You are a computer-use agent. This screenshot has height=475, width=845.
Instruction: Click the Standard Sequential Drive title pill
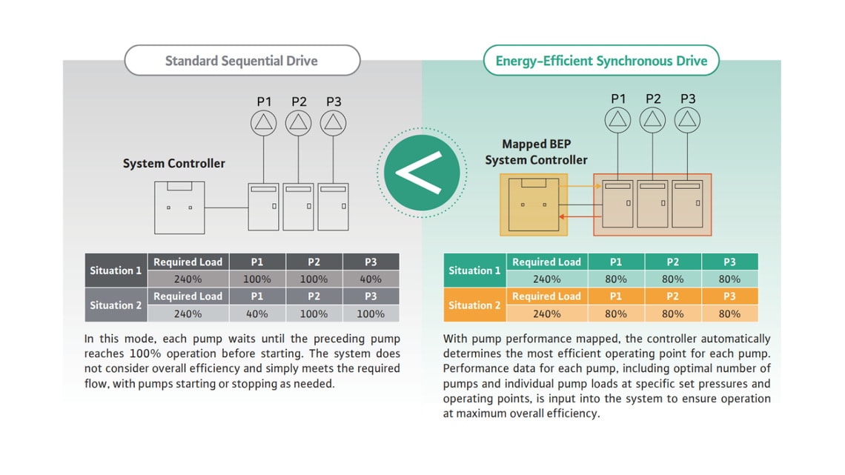click(x=242, y=61)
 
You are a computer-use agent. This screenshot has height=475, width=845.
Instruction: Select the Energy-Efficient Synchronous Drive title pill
click(x=601, y=61)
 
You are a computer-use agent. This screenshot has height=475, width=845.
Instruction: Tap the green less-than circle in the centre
click(x=419, y=173)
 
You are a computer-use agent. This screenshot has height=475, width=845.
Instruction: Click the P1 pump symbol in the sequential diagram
click(x=264, y=122)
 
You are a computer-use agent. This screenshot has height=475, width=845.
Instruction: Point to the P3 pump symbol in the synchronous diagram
click(x=688, y=119)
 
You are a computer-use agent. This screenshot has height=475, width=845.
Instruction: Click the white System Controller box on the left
click(x=179, y=207)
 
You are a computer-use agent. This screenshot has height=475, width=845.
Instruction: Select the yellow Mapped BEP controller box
click(x=534, y=205)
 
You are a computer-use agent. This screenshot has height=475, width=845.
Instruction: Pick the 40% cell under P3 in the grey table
click(x=371, y=279)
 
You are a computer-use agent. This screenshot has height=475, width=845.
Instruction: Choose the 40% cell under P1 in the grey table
click(x=257, y=313)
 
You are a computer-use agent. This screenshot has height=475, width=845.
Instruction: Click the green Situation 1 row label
click(x=474, y=270)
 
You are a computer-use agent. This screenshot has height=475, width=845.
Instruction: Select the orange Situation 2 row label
click(x=474, y=305)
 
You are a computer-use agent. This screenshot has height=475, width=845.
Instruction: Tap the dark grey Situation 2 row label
click(x=116, y=305)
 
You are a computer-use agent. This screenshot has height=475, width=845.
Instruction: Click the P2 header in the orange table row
click(x=672, y=296)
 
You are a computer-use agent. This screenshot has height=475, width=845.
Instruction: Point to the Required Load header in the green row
click(x=546, y=262)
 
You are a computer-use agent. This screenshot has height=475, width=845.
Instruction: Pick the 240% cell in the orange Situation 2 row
click(x=546, y=313)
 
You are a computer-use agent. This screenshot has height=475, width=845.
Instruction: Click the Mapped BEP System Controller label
click(x=536, y=152)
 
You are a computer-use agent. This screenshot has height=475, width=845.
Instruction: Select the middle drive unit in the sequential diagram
click(x=299, y=207)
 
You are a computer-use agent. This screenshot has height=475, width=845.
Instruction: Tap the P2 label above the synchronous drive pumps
click(x=653, y=99)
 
